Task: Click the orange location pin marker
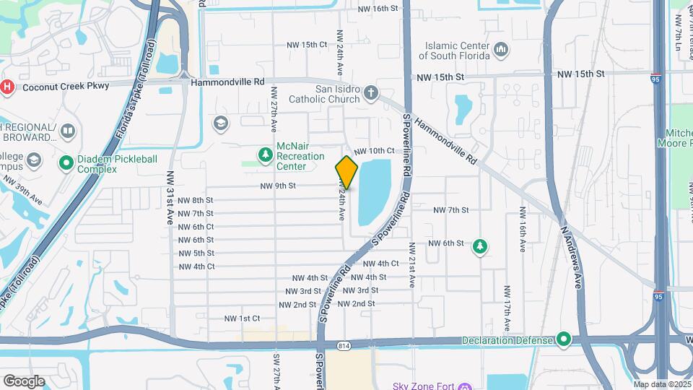pos(346,173)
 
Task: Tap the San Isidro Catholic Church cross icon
pos(371,92)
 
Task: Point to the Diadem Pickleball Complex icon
pos(67,163)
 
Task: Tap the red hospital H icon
pos(7,87)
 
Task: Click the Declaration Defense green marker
pos(564,339)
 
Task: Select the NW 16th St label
pos(379,9)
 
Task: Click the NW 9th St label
pos(279,186)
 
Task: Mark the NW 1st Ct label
pos(242,318)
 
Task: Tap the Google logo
pos(24,381)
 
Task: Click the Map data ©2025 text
pos(661,384)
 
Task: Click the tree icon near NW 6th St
pos(479,248)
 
